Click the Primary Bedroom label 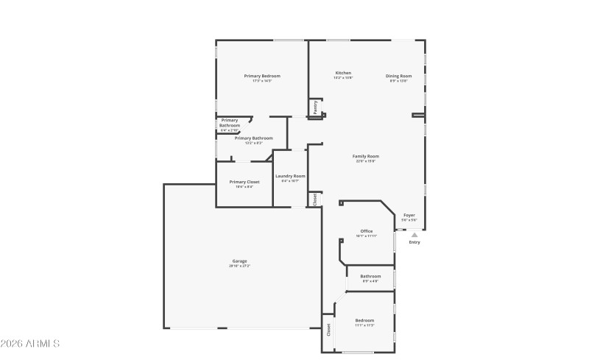point(262,76)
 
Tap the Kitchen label point(343,73)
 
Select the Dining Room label point(398,76)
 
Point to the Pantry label point(315,107)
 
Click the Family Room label point(366,156)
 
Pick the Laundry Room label point(290,176)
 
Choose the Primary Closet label point(244,182)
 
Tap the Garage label point(240,261)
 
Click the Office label point(366,231)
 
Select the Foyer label point(409,215)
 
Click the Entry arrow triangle point(415,234)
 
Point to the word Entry point(415,242)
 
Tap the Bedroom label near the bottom point(365,320)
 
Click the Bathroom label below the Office point(370,276)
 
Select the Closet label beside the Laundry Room point(315,199)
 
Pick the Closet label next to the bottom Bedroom point(328,328)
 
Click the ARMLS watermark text point(30,344)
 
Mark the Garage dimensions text point(240,266)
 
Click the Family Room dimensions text point(366,161)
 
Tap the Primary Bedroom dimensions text point(262,81)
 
